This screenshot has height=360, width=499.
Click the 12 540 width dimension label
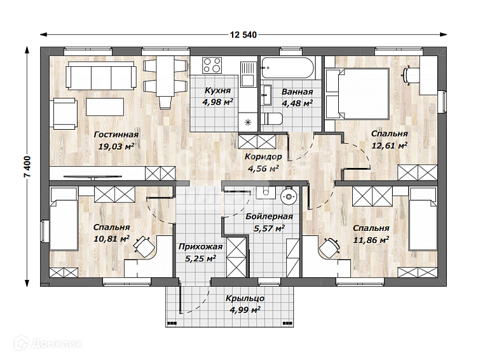[243, 35]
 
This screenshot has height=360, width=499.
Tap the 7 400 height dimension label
[28, 167]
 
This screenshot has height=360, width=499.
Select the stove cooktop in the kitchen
[212, 66]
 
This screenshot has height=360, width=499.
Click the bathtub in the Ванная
[287, 67]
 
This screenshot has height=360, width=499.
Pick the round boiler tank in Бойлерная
[289, 196]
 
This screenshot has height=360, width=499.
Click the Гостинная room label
[116, 135]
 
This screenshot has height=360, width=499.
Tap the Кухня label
[217, 90]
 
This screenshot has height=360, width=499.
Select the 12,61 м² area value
[390, 146]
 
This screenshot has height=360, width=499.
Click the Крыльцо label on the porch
[245, 298]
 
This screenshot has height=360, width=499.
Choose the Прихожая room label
[200, 247]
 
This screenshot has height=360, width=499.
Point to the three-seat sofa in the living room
[101, 76]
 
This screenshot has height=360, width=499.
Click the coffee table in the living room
[105, 107]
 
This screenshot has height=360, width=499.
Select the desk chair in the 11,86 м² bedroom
[329, 247]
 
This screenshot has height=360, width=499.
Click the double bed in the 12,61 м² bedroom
[357, 93]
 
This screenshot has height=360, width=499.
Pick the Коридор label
[263, 156]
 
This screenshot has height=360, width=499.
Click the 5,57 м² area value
[269, 228]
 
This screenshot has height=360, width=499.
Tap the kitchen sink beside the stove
[248, 74]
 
